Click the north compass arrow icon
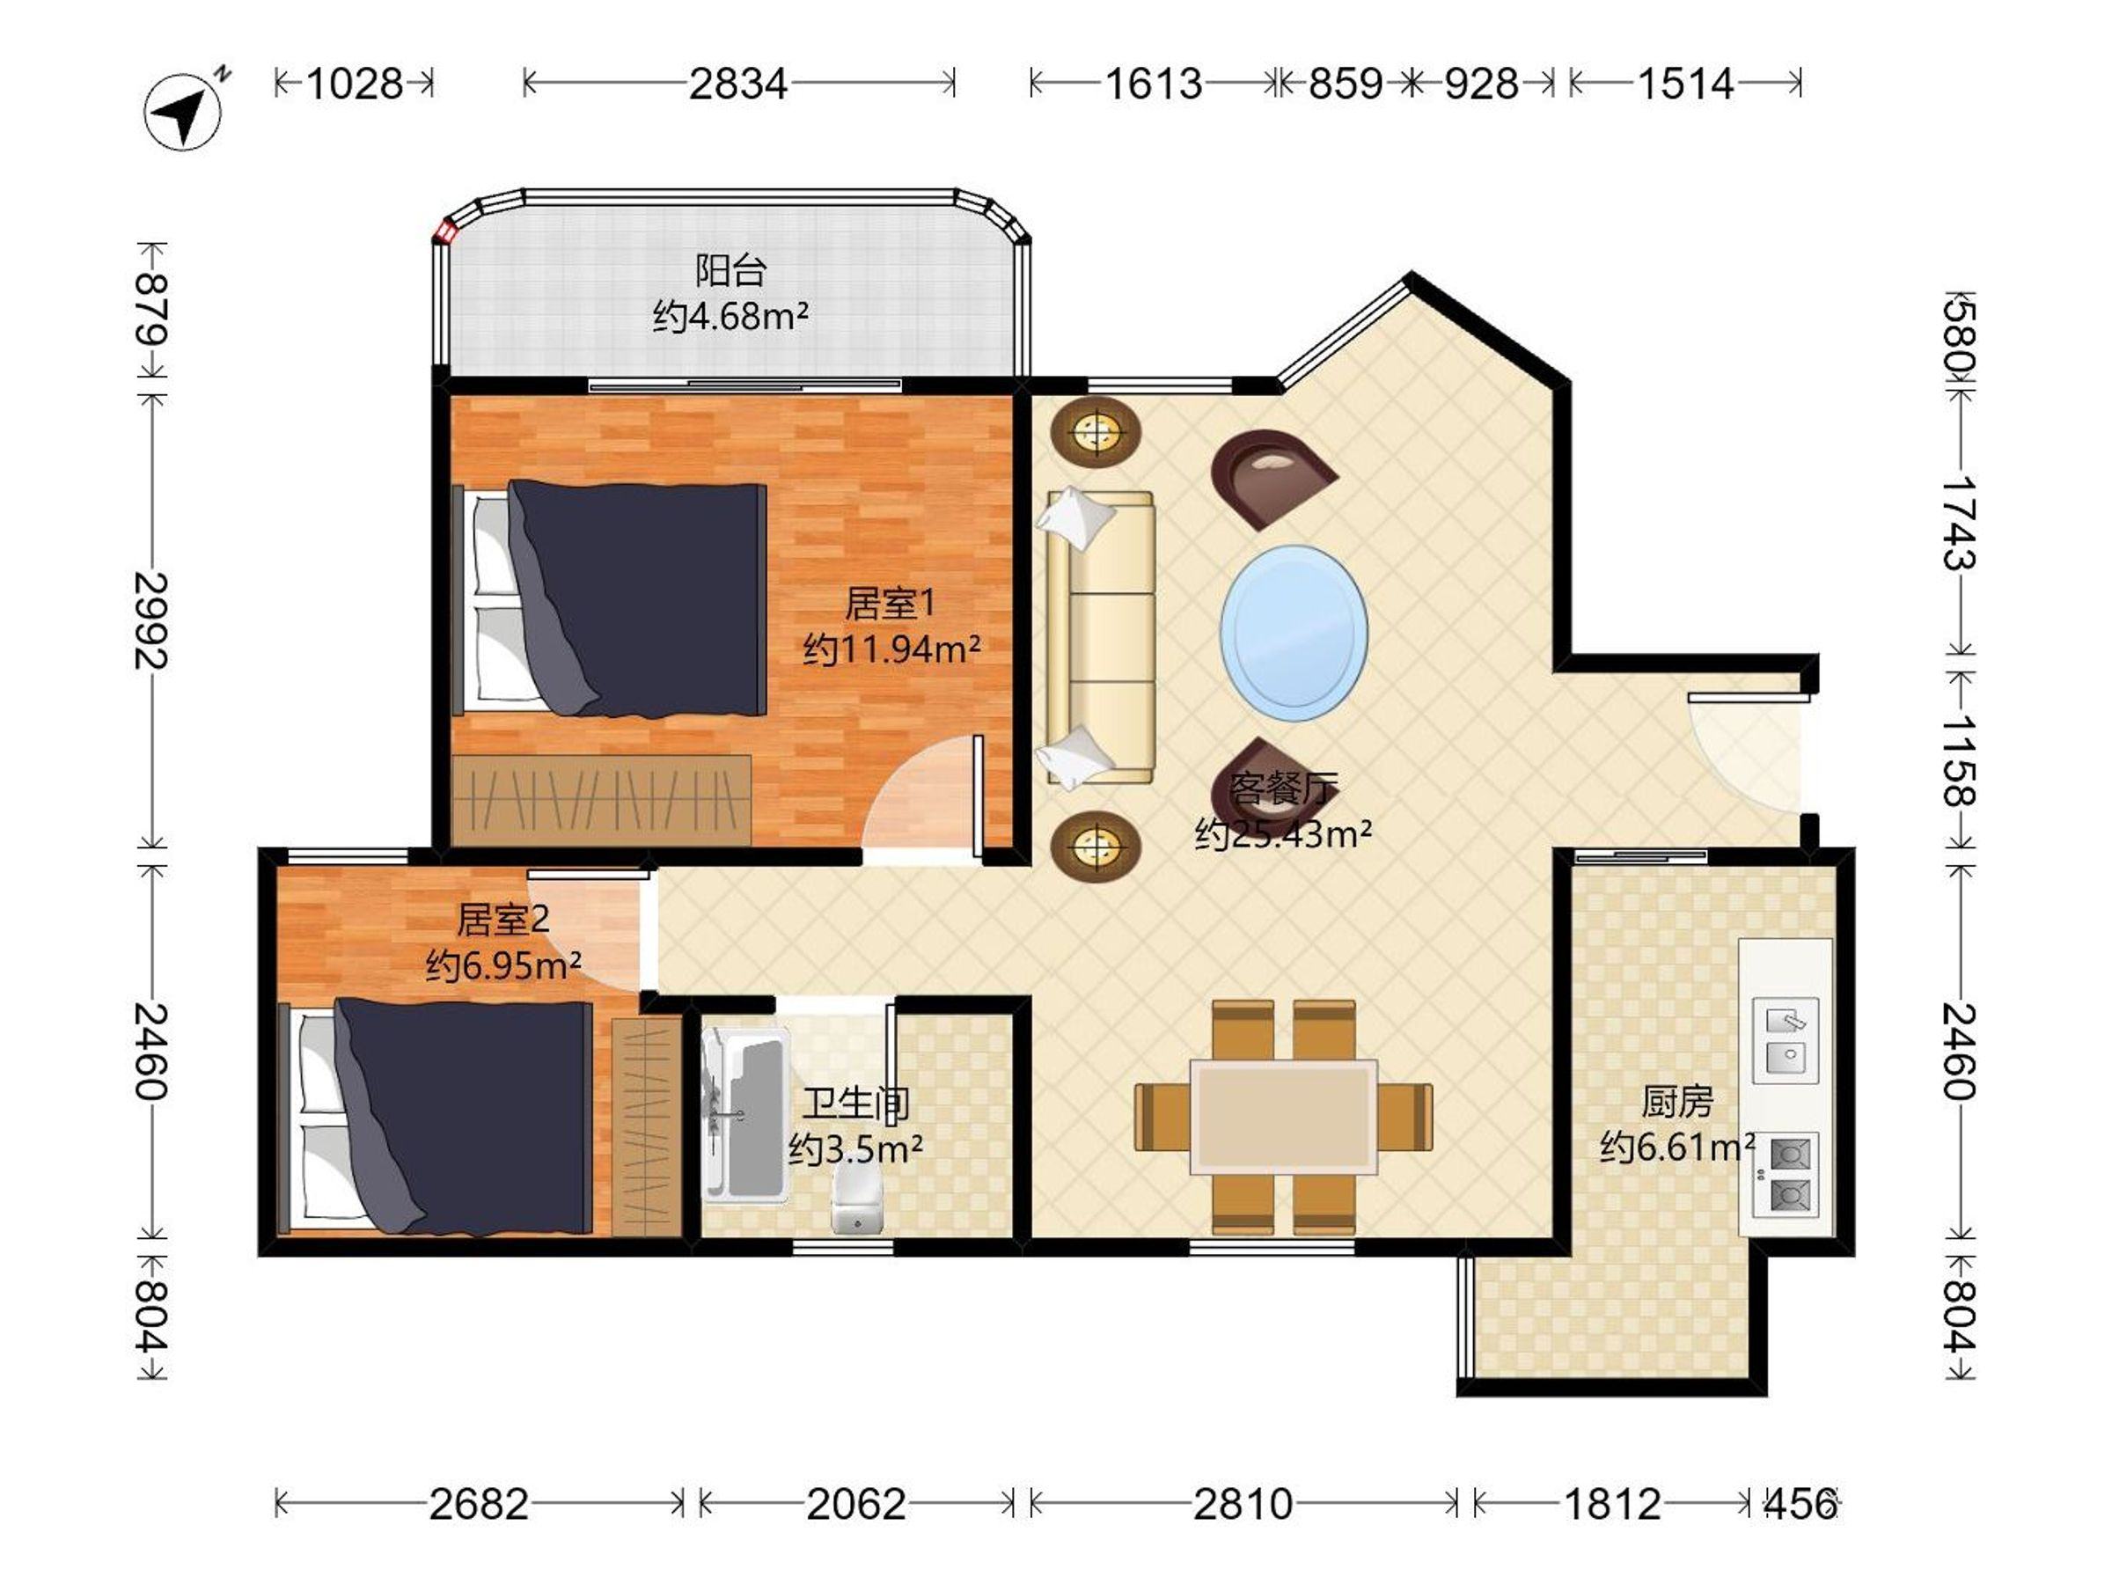click(x=182, y=111)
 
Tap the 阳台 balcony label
click(x=730, y=270)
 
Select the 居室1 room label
click(x=890, y=603)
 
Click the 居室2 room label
click(x=502, y=920)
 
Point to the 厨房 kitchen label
click(x=1677, y=1102)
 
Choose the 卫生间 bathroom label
click(x=854, y=1104)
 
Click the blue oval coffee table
click(x=1294, y=633)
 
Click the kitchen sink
click(x=1785, y=1041)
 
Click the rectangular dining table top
click(x=1283, y=1116)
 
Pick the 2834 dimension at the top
click(x=738, y=84)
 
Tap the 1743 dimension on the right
click(x=1959, y=524)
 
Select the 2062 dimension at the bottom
click(x=855, y=1505)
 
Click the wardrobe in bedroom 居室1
click(x=602, y=800)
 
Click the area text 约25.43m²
click(x=1283, y=834)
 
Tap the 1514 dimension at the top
click(x=1685, y=84)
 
